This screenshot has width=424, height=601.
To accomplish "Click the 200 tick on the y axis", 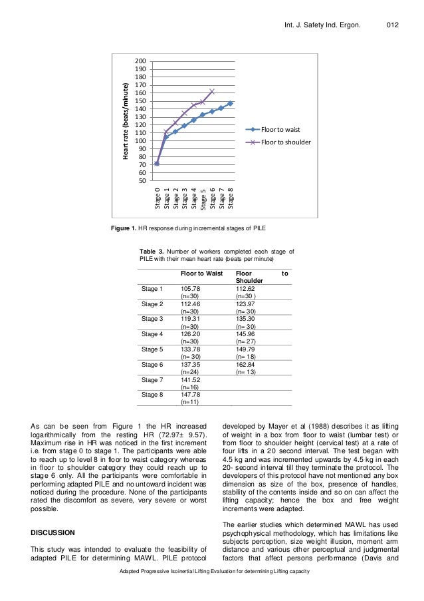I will click(x=142, y=61).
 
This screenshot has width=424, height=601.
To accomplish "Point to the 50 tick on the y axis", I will click(x=143, y=180).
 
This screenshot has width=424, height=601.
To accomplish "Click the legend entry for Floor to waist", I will click(x=278, y=130).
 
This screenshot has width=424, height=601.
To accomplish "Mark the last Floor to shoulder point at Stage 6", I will click(x=212, y=91).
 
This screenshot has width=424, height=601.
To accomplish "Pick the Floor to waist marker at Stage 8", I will click(x=230, y=103).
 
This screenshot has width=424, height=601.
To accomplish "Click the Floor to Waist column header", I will click(x=201, y=274).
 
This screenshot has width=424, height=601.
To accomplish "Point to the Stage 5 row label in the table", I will click(x=152, y=349).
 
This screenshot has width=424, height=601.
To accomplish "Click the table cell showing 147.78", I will click(x=191, y=395).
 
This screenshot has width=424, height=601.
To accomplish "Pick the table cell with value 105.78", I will click(x=191, y=289).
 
